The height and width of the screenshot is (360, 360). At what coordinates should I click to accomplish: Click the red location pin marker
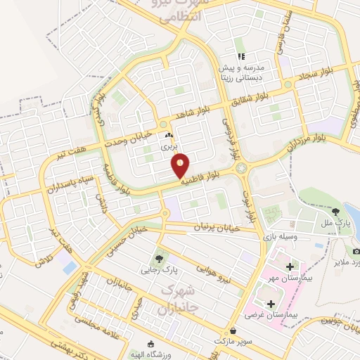[x=181, y=166]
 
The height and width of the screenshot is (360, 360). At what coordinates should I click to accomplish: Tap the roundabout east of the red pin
[x=243, y=169]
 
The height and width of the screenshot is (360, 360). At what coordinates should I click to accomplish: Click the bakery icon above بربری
[x=168, y=136]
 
